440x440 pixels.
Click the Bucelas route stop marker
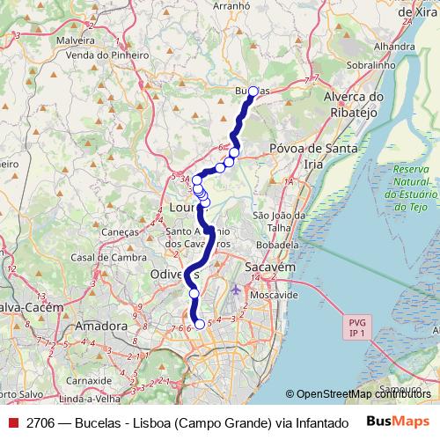253,92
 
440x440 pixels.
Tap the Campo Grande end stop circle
200,324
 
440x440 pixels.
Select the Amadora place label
102,326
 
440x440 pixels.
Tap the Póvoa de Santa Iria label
313,156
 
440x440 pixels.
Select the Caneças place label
121,231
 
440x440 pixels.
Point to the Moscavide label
275,295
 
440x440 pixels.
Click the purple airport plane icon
234,290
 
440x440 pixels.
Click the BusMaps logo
398,422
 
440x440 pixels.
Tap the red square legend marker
13,422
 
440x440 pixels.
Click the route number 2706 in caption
40,422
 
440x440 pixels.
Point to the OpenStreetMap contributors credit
358,394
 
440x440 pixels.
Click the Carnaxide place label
91,381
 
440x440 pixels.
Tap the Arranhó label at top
231,5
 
